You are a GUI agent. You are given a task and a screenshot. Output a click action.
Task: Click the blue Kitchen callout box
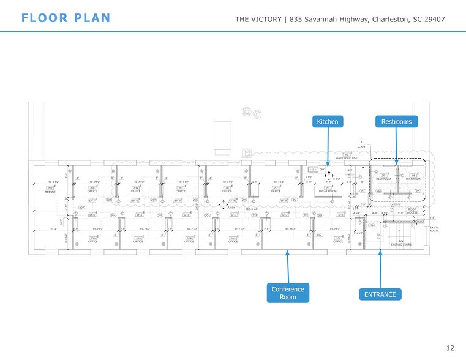[x=328, y=122]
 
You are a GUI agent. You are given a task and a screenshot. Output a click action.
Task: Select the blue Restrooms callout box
[x=396, y=122]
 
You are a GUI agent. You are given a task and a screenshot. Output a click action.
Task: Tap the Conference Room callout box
[x=288, y=293]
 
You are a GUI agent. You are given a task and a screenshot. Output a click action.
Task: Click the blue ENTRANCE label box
[x=380, y=294]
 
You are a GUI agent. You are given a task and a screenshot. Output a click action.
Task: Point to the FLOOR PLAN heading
[x=66, y=18]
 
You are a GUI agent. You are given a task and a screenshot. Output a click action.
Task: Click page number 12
[x=450, y=348]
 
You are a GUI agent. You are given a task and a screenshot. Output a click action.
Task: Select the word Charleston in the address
[x=389, y=20]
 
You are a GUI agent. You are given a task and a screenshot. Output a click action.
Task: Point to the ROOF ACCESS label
[x=412, y=211]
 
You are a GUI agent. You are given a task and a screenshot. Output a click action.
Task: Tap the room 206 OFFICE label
[x=92, y=240]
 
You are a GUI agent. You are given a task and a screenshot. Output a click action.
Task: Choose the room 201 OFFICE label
[x=337, y=240]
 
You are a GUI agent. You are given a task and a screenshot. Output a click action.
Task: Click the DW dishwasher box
[x=321, y=168]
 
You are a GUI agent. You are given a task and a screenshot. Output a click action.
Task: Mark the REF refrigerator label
[x=350, y=171]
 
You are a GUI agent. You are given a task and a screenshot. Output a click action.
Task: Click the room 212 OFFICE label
[x=276, y=189]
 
